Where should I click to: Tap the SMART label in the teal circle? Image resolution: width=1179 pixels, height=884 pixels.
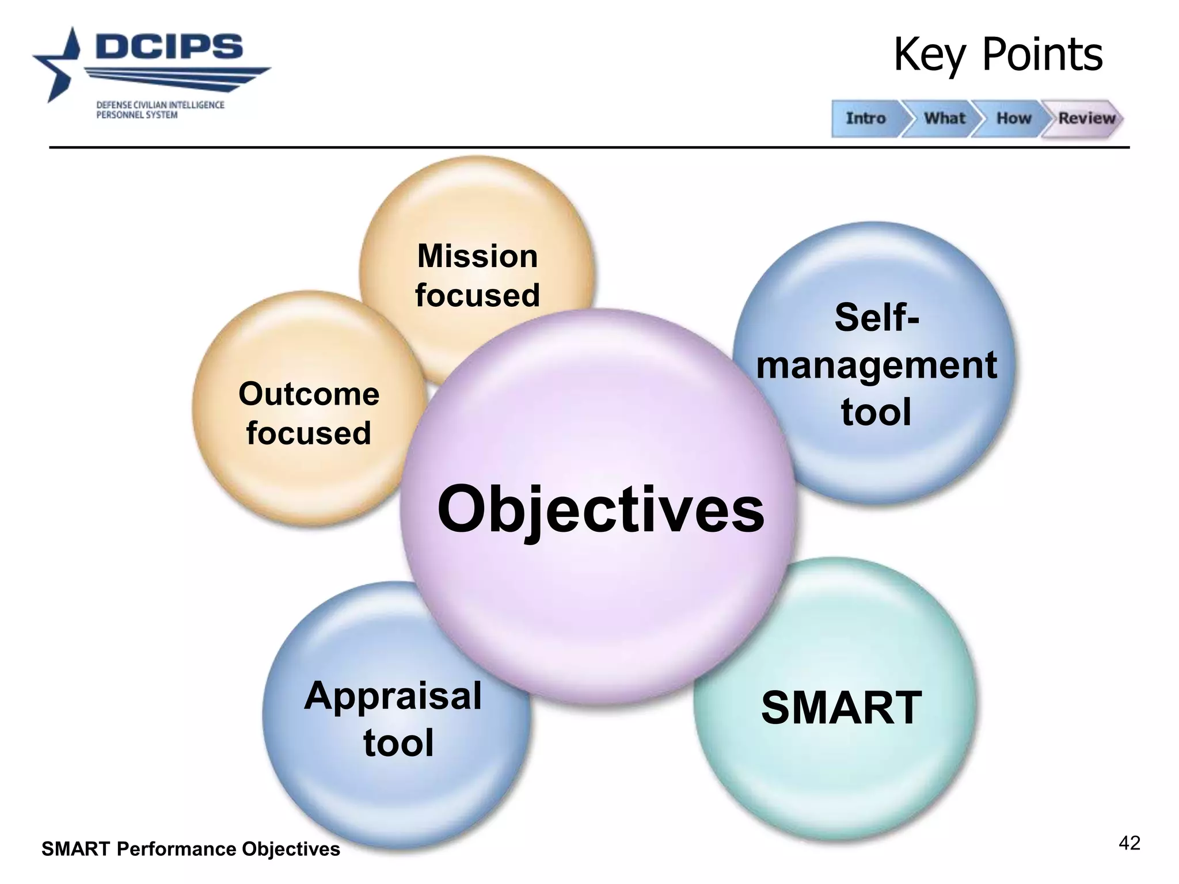pyautogui.click(x=841, y=708)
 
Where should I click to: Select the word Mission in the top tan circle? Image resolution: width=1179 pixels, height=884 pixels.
pyautogui.click(x=477, y=256)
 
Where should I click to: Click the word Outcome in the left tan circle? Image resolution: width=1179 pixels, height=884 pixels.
pyautogui.click(x=309, y=394)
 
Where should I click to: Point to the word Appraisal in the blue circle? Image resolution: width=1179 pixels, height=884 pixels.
pyautogui.click(x=393, y=696)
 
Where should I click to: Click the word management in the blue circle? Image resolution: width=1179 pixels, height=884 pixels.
pyautogui.click(x=876, y=365)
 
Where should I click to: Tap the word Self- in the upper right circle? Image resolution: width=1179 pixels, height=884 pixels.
pyautogui.click(x=876, y=318)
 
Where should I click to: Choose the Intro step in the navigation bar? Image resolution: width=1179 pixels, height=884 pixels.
pyautogui.click(x=865, y=119)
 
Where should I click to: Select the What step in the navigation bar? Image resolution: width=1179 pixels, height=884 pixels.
pyautogui.click(x=944, y=119)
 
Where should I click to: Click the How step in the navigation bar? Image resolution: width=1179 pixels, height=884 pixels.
pyautogui.click(x=1013, y=119)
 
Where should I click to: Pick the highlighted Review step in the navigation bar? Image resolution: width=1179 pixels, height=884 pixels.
pyautogui.click(x=1086, y=119)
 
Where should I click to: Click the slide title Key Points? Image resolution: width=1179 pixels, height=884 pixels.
pyautogui.click(x=998, y=55)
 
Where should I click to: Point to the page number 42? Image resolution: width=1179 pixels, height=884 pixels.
pyautogui.click(x=1129, y=844)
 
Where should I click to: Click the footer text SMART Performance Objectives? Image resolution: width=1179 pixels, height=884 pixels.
pyautogui.click(x=191, y=849)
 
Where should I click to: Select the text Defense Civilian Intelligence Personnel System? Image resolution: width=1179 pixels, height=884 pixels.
pyautogui.click(x=160, y=110)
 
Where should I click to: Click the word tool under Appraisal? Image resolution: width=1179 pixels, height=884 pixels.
pyautogui.click(x=398, y=743)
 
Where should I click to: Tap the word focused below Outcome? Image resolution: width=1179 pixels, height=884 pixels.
pyautogui.click(x=309, y=433)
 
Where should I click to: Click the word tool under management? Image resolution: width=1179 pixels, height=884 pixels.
pyautogui.click(x=876, y=412)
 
